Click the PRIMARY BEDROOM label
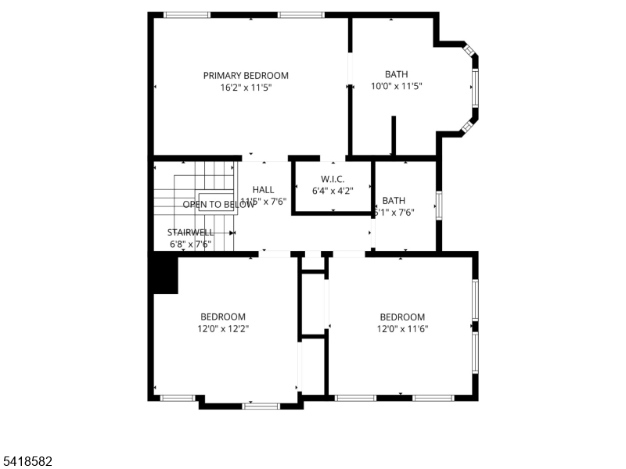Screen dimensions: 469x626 [x=246, y=76]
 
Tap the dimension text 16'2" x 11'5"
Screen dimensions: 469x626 [x=246, y=88]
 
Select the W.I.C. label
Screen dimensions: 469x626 [x=333, y=178]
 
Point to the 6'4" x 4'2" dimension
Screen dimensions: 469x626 [x=333, y=190]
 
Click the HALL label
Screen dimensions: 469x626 [x=264, y=190]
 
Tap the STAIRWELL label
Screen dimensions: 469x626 [x=190, y=232]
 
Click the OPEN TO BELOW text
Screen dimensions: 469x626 [x=219, y=205]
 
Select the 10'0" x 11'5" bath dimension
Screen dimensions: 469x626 [x=396, y=87]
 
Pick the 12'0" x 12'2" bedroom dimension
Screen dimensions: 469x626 [x=223, y=328]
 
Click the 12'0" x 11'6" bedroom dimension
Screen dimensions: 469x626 [x=402, y=328]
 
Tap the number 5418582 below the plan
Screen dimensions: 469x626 [x=27, y=462]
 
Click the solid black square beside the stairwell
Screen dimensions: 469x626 [x=165, y=275]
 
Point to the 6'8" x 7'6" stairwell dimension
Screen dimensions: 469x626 [x=190, y=244]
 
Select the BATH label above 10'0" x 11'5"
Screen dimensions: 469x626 [x=396, y=75]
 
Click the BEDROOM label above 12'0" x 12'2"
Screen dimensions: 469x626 [x=223, y=317]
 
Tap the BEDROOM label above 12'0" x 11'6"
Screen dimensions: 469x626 [x=402, y=317]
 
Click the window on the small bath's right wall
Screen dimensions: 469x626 [x=439, y=204]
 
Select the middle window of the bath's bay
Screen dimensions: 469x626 [x=475, y=88]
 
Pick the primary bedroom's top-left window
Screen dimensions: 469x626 [x=186, y=14]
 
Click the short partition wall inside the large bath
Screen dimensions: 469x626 [x=394, y=136]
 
